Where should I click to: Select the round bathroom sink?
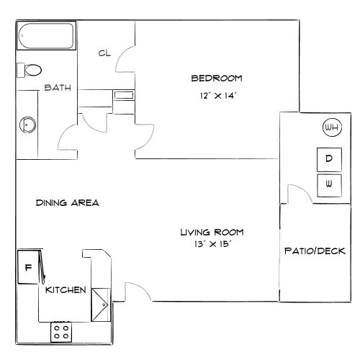[x=27, y=123]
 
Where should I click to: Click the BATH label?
[x=57, y=89]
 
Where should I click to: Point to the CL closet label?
[x=104, y=53]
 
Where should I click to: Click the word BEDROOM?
[x=216, y=78]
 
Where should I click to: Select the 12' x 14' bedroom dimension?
[x=216, y=95]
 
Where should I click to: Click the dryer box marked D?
[x=328, y=158]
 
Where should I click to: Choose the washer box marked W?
[x=328, y=184]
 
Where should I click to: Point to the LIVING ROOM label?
[x=212, y=232]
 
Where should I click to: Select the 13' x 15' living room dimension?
[x=212, y=245]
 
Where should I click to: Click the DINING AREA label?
[x=67, y=202]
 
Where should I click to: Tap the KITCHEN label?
[x=66, y=290]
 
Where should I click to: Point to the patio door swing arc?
[x=296, y=192]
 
